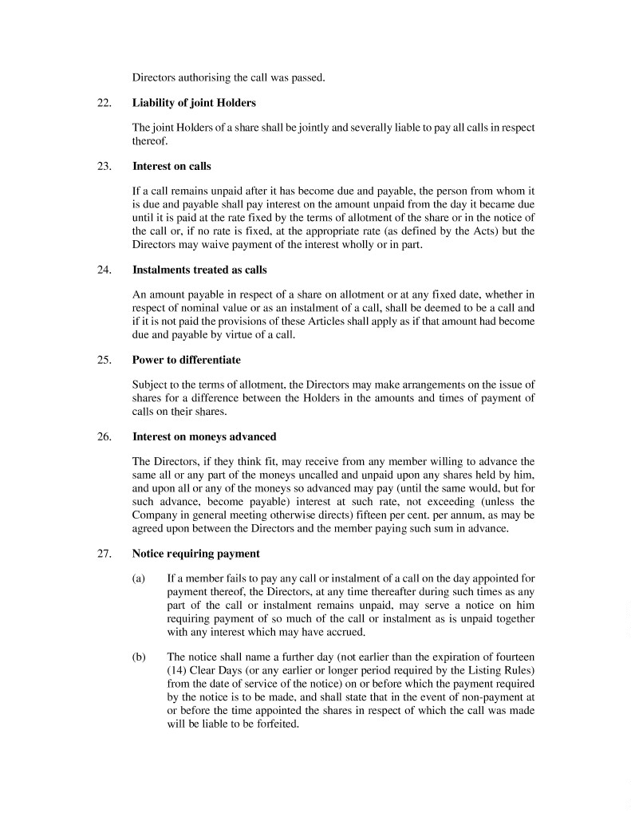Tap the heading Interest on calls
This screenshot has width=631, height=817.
click(x=172, y=167)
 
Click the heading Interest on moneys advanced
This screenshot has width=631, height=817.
click(x=204, y=436)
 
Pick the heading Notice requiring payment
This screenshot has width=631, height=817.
click(x=195, y=553)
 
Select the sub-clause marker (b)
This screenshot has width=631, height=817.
click(x=138, y=657)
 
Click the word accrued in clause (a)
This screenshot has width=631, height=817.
click(x=343, y=631)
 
